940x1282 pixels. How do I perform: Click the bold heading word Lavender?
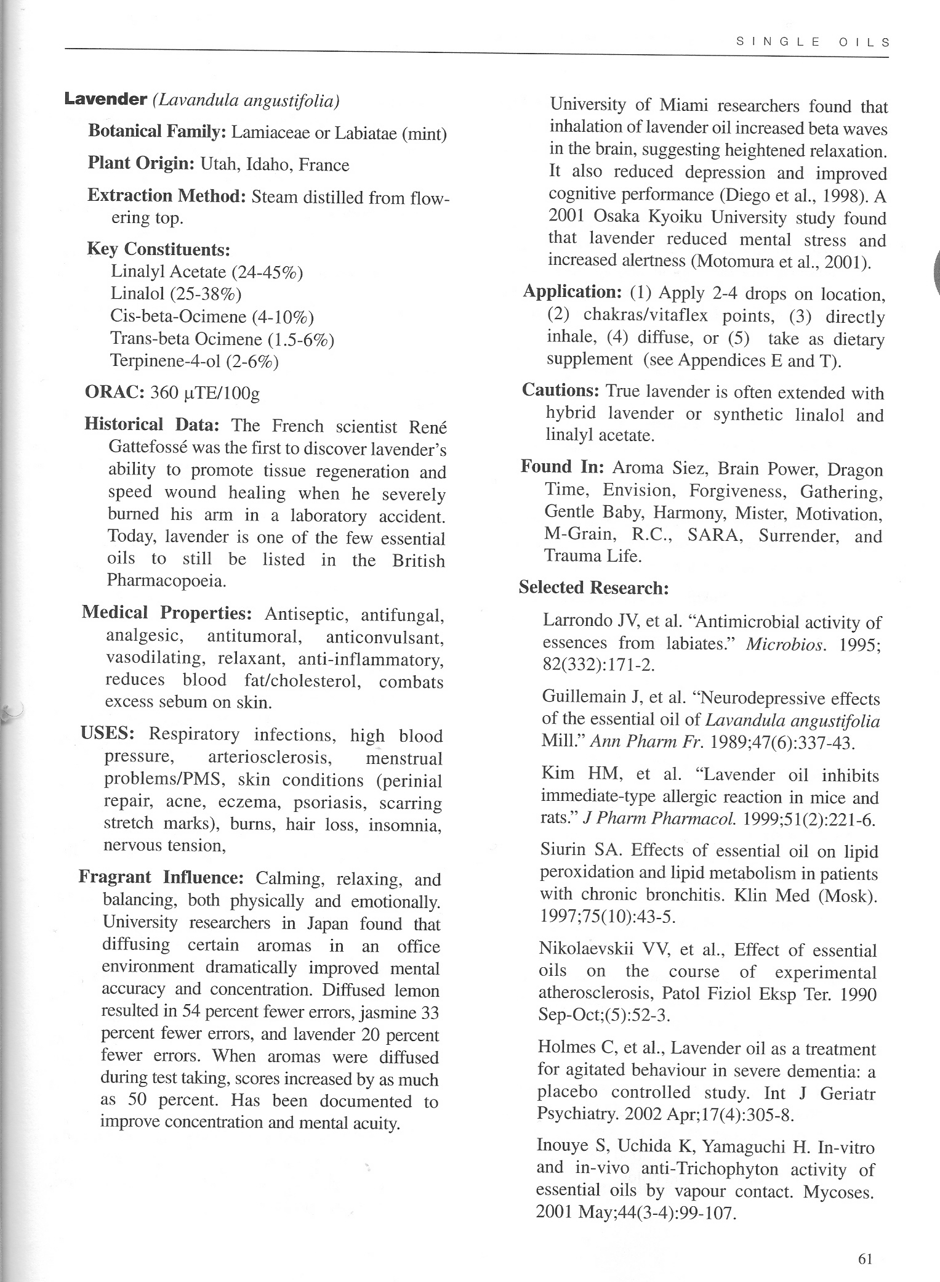pos(105,99)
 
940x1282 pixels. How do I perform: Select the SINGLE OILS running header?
pos(813,43)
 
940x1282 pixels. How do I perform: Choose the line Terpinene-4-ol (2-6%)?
pos(195,360)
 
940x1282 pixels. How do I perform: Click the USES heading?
pos(108,734)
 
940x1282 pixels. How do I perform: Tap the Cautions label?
pos(560,390)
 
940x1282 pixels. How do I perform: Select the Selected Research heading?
pos(593,587)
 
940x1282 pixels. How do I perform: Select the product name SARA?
pos(714,535)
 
